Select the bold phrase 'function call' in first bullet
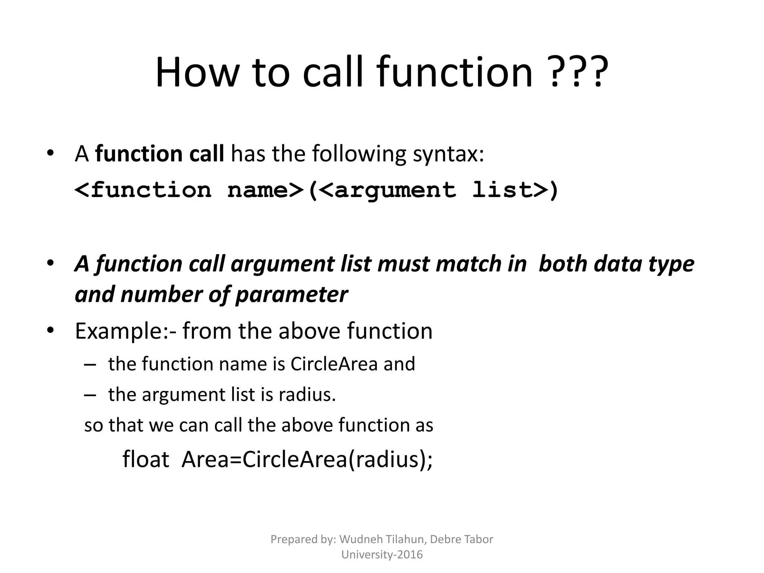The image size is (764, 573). tap(159, 154)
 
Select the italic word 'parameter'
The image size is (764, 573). tap(291, 295)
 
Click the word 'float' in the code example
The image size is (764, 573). tap(146, 459)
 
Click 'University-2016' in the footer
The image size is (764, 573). tap(382, 555)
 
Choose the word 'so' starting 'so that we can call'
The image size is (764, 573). tap(93, 426)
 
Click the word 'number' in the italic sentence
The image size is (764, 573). tap(161, 295)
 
